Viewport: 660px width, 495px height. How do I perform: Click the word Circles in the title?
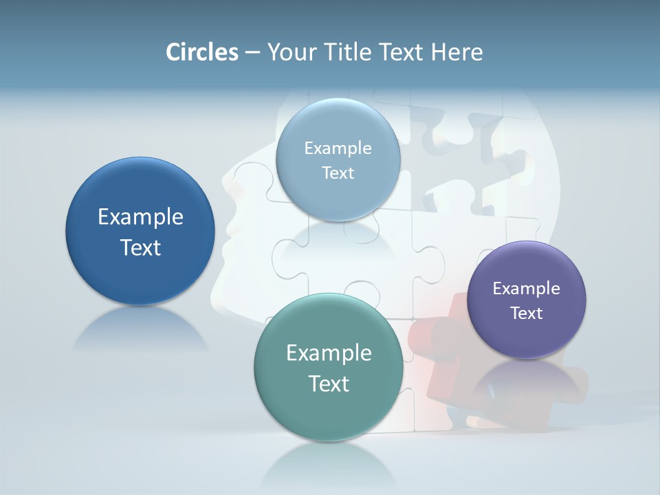coord(201,52)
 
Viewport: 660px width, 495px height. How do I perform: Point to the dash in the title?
coord(252,53)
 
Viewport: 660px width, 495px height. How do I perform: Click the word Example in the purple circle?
coord(527,288)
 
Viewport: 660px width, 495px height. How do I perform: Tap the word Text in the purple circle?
coord(527,313)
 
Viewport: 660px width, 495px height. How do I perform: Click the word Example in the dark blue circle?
coord(140,217)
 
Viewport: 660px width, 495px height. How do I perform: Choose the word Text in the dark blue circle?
coord(140,247)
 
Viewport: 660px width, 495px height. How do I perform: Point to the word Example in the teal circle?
coord(329,353)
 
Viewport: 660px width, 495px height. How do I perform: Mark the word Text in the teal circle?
coord(329,384)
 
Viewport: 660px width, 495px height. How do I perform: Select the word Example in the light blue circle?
coord(338,148)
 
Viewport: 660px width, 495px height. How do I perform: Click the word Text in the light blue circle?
coord(338,173)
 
